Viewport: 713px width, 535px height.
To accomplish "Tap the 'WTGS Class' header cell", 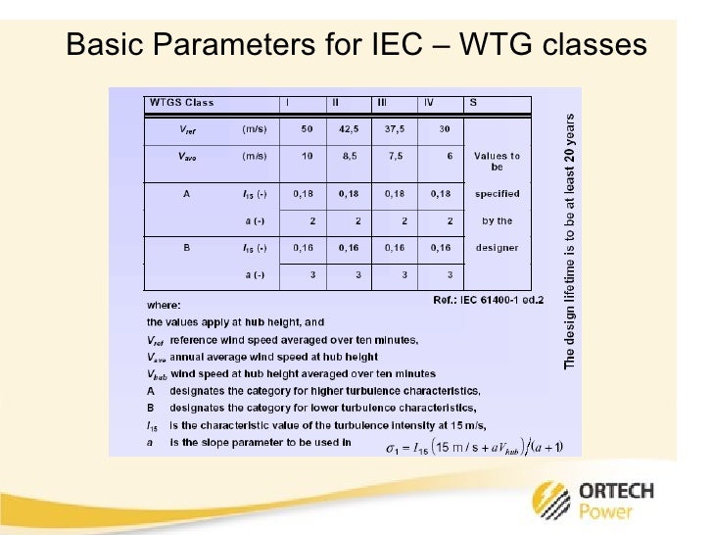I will click(x=181, y=102).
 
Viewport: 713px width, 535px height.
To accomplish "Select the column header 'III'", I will click(x=381, y=102).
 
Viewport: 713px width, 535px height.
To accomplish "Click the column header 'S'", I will click(x=474, y=102).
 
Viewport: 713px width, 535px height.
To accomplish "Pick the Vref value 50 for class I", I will click(x=307, y=129).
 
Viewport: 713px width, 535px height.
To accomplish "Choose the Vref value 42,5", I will click(x=350, y=129).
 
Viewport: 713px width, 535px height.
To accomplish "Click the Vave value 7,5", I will click(x=395, y=157).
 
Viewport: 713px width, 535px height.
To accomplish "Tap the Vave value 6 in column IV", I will click(x=447, y=157).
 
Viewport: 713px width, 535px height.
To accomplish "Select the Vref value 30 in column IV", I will click(x=445, y=129).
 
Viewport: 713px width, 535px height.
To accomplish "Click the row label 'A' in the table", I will click(x=186, y=193).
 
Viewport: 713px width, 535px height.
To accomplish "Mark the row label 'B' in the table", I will click(x=186, y=248).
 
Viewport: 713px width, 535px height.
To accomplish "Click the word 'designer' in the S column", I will click(x=498, y=248).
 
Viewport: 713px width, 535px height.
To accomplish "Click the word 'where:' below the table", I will click(x=163, y=304).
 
